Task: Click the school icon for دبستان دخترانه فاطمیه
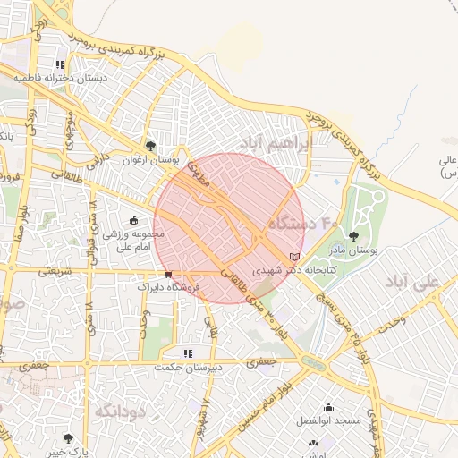pyautogui.click(x=60, y=65)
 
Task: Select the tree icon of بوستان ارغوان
pyautogui.click(x=150, y=146)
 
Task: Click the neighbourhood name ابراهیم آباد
pyautogui.click(x=276, y=141)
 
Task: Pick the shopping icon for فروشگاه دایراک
pyautogui.click(x=168, y=274)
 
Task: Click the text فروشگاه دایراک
pyautogui.click(x=163, y=287)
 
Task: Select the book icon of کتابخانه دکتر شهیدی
pyautogui.click(x=295, y=257)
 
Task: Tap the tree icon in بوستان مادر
pyautogui.click(x=353, y=236)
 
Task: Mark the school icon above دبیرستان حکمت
pyautogui.click(x=187, y=354)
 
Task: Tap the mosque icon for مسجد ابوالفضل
pyautogui.click(x=328, y=408)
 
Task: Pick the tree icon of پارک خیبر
pyautogui.click(x=69, y=437)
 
